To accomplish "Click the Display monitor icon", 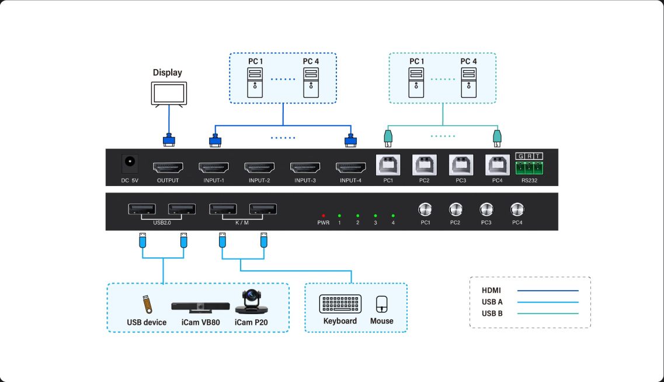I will click(x=169, y=94).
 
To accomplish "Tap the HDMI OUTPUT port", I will click(x=168, y=167).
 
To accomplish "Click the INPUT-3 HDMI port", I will click(x=305, y=167).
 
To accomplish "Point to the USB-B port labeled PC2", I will click(x=424, y=164).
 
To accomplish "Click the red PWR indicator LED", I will click(x=323, y=215).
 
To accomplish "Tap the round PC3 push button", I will click(x=486, y=209).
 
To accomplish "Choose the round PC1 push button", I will click(x=425, y=209).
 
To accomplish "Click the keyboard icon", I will click(x=340, y=304).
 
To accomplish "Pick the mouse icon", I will click(x=381, y=304).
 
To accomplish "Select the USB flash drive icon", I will click(x=147, y=305).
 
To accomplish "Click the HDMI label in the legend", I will click(x=491, y=290).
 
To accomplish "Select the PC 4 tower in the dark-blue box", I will click(x=311, y=82).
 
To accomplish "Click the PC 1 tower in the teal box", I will click(x=416, y=82).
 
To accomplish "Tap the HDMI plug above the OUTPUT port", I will click(x=169, y=141).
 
